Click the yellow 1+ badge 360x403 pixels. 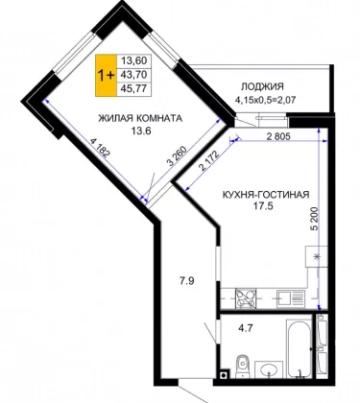tap(106, 76)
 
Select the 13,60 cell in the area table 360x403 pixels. tap(133, 60)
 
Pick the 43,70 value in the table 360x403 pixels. tap(133, 75)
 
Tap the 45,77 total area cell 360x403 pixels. tap(133, 88)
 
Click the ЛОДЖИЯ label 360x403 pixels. tap(262, 86)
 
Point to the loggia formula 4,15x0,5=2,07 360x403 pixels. tap(265, 100)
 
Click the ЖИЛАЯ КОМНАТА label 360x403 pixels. tap(140, 118)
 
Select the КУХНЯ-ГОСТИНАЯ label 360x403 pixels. tap(266, 195)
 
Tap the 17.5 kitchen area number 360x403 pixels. tap(263, 206)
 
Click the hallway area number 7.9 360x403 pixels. tap(186, 281)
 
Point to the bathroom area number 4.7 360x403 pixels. tap(245, 327)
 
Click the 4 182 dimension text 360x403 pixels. tap(100, 148)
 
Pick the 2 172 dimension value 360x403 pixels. tap(208, 161)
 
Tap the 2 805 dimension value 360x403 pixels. tap(278, 137)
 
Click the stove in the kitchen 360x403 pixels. tap(246, 298)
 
